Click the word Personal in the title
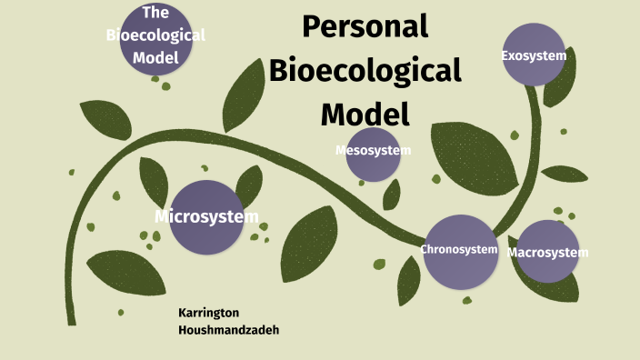(x=365, y=26)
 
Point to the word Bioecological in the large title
(x=365, y=70)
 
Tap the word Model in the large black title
(x=365, y=114)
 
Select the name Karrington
(x=212, y=312)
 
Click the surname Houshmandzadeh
(x=229, y=329)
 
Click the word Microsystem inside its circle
(x=206, y=216)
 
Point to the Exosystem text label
(x=534, y=56)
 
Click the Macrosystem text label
(x=547, y=252)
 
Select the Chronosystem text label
(x=459, y=249)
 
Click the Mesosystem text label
(x=373, y=149)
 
